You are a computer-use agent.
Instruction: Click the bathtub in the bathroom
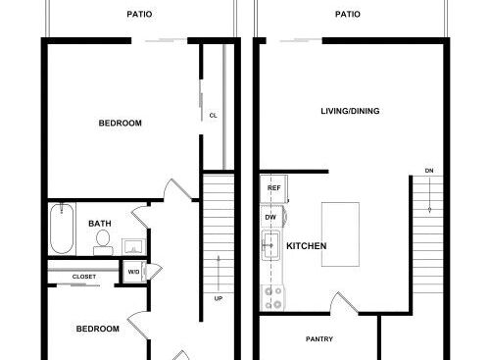pos(62,229)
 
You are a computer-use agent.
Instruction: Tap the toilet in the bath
pos(103,242)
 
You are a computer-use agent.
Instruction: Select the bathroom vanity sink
pos(134,246)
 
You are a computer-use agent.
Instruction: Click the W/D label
pos(133,272)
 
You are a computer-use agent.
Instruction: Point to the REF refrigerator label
pos(273,188)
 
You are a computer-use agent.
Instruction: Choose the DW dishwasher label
pos(270,217)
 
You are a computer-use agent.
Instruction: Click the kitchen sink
pos(270,245)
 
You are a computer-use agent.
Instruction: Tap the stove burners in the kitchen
pos(273,297)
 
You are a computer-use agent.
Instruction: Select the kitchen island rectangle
pos(340,234)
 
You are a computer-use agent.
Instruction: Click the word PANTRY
pos(319,339)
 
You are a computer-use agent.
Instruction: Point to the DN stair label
pos(429,171)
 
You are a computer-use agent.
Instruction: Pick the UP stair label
pos(219,298)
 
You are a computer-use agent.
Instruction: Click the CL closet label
pos(213,116)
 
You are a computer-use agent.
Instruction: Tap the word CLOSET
pos(84,277)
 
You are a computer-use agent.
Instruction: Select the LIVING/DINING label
pos(350,111)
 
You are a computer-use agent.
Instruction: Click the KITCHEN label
pos(307,246)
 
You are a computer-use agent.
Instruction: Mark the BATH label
pos(100,224)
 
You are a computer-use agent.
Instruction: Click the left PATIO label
pos(139,15)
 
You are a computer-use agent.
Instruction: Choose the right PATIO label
pos(348,15)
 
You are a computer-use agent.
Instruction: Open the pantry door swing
pos(343,302)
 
